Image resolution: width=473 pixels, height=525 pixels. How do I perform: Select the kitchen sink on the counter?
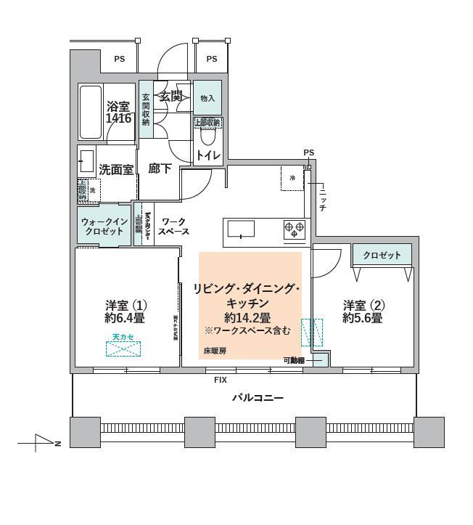[x=241, y=229]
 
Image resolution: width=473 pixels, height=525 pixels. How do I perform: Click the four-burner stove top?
[x=295, y=229]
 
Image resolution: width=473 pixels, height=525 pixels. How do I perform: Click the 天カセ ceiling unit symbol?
[x=123, y=349]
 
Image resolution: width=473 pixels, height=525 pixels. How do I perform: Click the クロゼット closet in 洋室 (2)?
[x=382, y=256]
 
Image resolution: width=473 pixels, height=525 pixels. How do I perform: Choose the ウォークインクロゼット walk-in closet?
[x=104, y=226]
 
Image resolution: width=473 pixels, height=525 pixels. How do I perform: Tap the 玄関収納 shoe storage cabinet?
[x=146, y=109]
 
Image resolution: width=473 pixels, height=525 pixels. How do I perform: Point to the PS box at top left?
[x=118, y=59]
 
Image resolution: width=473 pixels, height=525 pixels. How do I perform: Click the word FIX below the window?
[x=220, y=380]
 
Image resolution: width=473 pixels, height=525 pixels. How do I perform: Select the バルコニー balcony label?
[x=258, y=398]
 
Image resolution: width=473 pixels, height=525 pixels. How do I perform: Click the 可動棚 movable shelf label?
[x=293, y=359]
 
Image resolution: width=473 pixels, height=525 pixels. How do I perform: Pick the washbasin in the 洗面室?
[x=86, y=160]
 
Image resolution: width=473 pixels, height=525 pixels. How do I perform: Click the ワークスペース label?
[x=174, y=227]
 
